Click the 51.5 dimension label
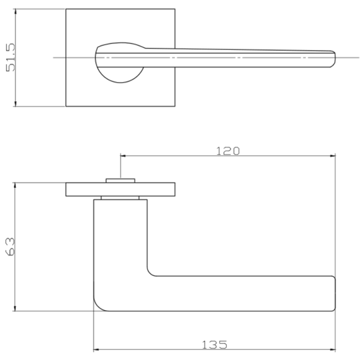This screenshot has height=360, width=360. (x=11, y=57)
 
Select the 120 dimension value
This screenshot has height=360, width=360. (x=228, y=151)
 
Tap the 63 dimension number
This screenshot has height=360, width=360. (x=10, y=247)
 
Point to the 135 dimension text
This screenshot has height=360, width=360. (x=215, y=345)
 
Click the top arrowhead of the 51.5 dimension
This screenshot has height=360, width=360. (x=15, y=11)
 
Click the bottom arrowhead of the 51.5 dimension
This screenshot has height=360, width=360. (x=15, y=104)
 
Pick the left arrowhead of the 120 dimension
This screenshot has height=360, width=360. (x=123, y=156)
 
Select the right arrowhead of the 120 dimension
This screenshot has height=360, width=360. (x=333, y=156)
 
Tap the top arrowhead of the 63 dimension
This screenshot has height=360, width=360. (x=15, y=185)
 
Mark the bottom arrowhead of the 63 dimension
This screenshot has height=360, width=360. (x=15, y=309)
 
